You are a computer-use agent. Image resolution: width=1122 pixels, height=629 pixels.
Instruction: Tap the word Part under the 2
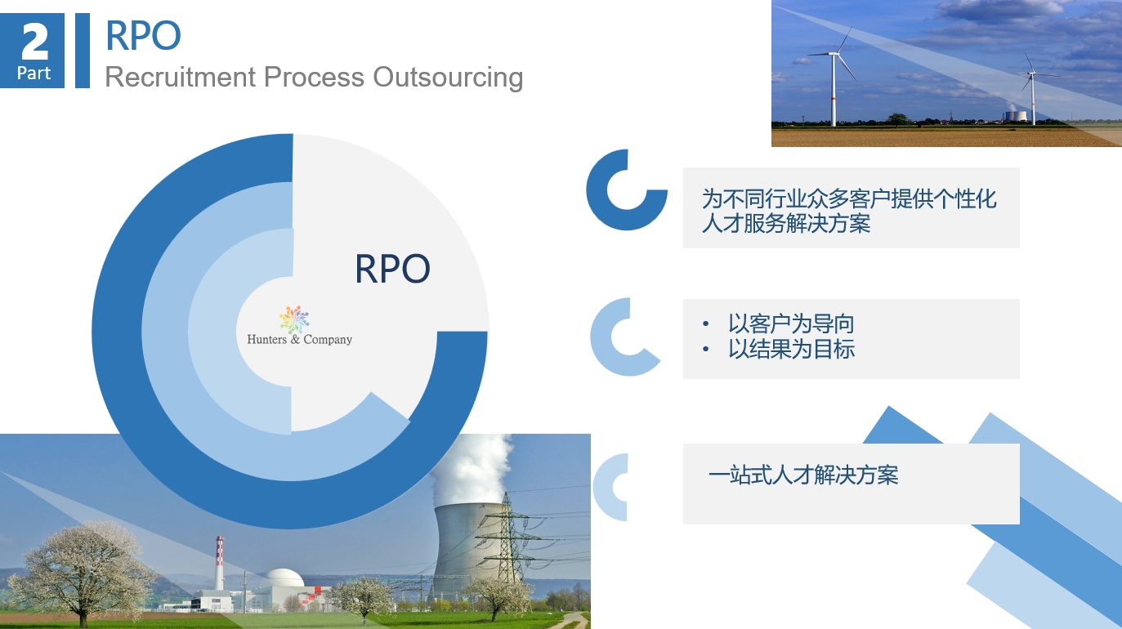(x=34, y=74)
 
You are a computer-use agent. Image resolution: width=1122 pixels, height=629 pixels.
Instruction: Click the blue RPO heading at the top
(x=143, y=36)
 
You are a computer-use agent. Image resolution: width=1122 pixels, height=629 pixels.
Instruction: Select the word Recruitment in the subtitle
(x=181, y=77)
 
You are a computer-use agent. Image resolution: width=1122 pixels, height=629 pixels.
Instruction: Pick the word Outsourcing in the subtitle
(x=449, y=78)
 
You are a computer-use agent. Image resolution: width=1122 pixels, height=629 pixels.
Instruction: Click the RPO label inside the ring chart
(x=393, y=269)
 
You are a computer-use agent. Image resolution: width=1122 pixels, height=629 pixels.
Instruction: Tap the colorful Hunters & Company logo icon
(x=294, y=319)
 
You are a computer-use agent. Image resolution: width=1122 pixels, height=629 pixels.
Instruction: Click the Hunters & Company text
(x=300, y=340)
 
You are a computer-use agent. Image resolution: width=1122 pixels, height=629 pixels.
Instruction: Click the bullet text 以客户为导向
(x=791, y=323)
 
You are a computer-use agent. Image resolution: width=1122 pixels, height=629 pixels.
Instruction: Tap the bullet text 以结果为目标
(x=791, y=349)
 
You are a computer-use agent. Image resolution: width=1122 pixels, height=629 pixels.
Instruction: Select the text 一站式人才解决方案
(x=803, y=475)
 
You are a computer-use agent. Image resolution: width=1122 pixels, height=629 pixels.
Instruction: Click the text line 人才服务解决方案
(x=786, y=223)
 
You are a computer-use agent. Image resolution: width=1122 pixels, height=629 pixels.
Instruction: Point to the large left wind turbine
(x=834, y=75)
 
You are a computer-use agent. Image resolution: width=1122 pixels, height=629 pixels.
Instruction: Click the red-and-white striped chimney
(x=219, y=563)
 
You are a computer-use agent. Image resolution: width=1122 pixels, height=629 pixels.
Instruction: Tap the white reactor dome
(x=284, y=578)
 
